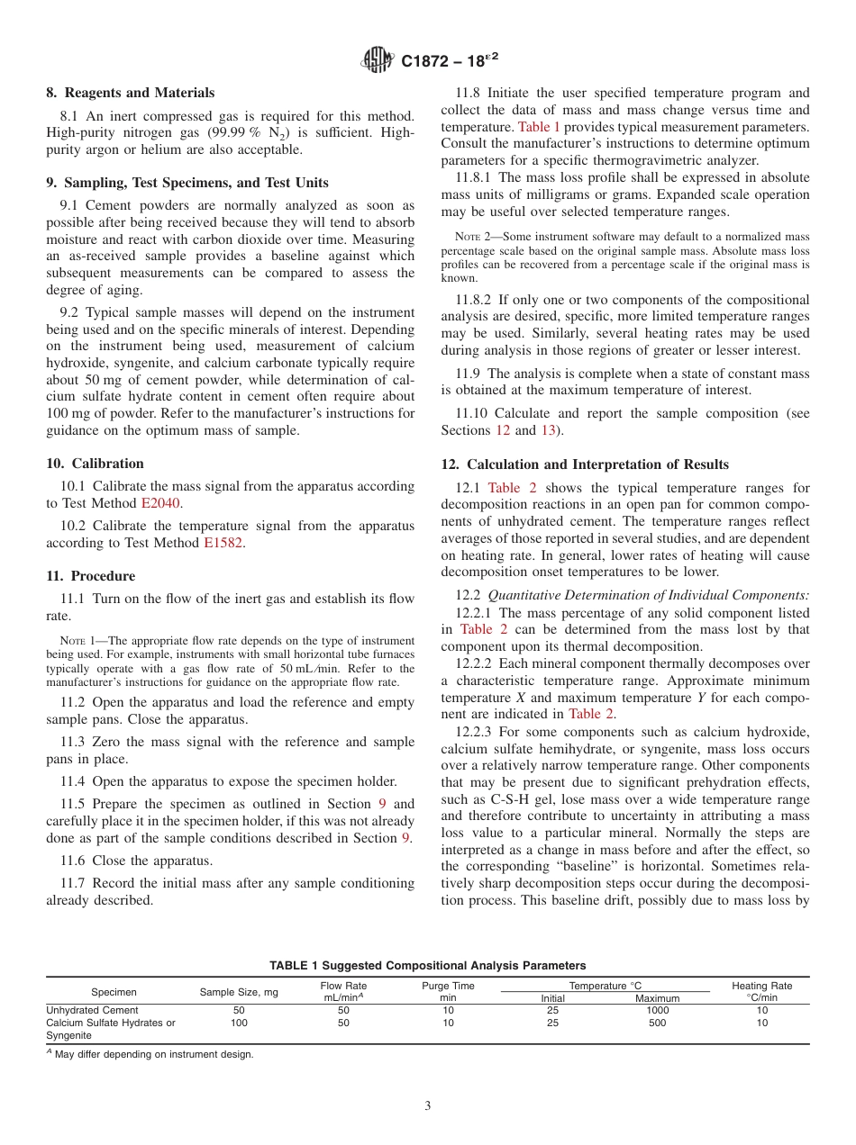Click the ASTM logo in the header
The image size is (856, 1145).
(x=378, y=60)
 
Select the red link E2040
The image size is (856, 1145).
(x=161, y=503)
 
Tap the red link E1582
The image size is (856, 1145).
(x=223, y=543)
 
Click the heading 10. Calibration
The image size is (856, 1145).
(x=95, y=464)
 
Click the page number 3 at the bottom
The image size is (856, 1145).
(x=428, y=1105)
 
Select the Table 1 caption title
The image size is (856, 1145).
(x=427, y=965)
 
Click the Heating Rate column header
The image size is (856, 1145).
(x=761, y=991)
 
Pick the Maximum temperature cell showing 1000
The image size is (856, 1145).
(x=657, y=1010)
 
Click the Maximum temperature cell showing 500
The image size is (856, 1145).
(x=657, y=1023)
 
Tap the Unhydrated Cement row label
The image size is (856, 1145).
(x=92, y=1010)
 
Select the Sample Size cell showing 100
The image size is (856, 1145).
(x=239, y=1023)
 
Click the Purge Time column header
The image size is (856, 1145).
(x=448, y=991)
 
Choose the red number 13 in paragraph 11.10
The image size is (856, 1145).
(x=548, y=430)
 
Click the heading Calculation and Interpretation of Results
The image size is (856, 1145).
(x=585, y=464)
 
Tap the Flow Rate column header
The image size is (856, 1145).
(x=343, y=991)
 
